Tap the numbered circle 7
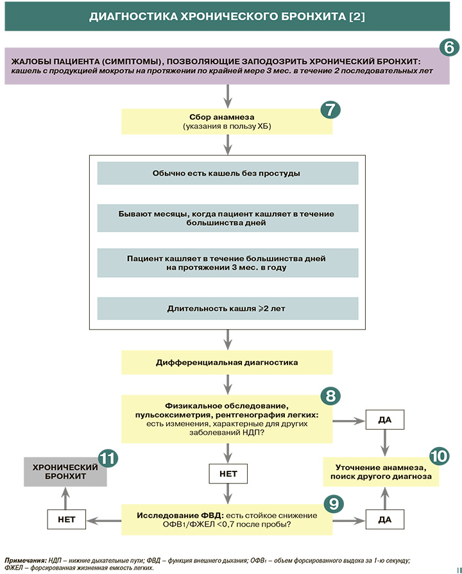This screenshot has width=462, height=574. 330,109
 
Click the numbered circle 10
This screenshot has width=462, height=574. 438,456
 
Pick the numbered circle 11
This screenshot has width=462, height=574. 108,459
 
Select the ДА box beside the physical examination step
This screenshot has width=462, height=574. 384,419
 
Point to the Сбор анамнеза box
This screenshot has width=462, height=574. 227,121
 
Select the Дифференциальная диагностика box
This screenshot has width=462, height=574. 227,362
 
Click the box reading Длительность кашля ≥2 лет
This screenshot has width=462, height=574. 227,308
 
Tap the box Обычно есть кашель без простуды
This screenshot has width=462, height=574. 227,173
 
